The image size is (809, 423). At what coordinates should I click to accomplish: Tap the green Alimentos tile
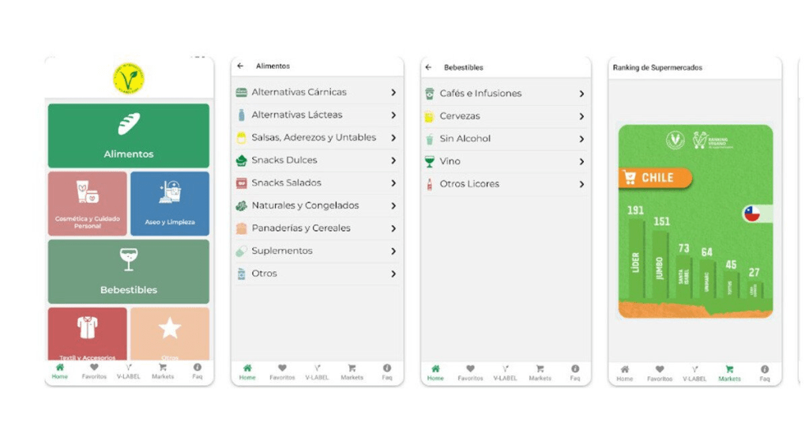(129, 135)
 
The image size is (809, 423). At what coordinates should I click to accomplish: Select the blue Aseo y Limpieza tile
(170, 204)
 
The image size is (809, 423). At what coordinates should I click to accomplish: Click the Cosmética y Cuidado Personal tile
(88, 204)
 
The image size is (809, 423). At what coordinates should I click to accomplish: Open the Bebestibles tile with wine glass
(129, 271)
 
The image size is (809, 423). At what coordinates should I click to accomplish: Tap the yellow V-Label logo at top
(129, 77)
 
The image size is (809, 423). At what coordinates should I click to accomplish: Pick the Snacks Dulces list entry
(284, 161)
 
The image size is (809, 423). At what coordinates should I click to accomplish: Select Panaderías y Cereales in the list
(300, 228)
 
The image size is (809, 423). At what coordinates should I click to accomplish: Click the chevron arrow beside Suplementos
(393, 251)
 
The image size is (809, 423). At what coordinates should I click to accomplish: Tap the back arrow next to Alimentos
(240, 66)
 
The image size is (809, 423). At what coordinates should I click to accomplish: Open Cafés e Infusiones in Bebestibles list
(480, 93)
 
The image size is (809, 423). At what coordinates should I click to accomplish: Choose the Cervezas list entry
(460, 116)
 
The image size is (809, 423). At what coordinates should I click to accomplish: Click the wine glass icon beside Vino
(429, 161)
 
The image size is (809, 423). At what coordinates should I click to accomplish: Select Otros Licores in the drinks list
(469, 184)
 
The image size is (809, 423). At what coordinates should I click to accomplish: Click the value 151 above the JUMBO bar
(661, 221)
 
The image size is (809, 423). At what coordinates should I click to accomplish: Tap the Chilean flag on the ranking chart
(752, 213)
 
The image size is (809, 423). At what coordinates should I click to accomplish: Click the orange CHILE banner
(655, 178)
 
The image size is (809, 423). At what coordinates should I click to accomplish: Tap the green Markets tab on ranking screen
(729, 373)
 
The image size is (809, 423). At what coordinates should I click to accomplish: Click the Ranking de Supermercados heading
(657, 68)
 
